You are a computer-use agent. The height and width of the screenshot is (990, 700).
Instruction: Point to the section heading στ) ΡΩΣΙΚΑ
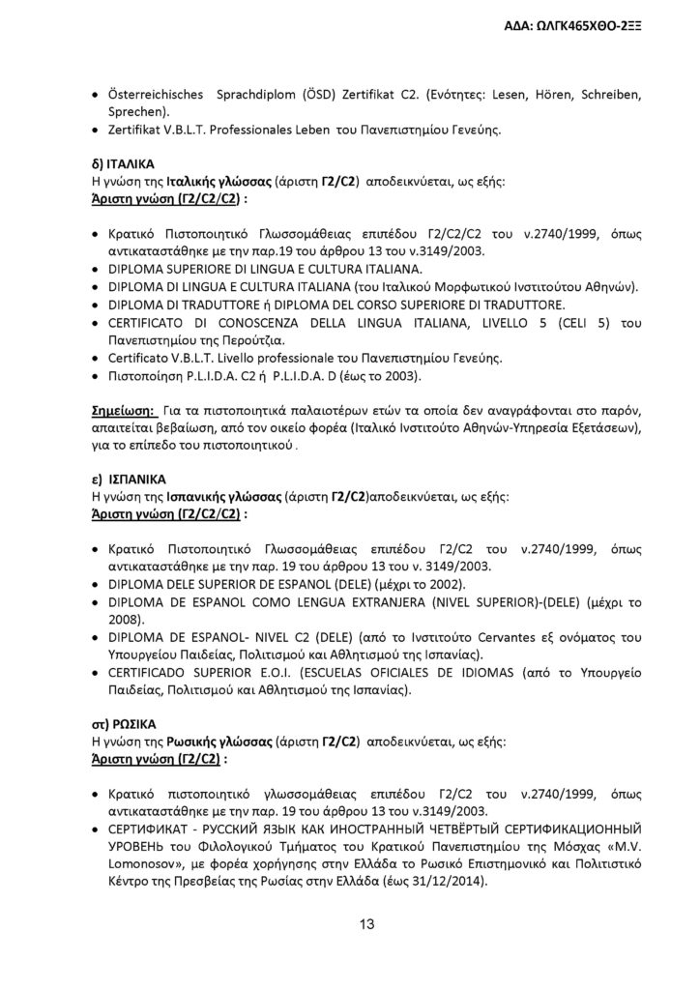[x=123, y=722]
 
